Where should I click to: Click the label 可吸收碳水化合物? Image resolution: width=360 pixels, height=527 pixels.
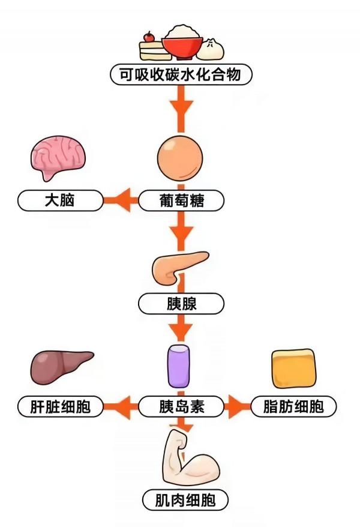pyautogui.click(x=180, y=75)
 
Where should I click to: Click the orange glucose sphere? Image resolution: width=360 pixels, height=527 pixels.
pyautogui.click(x=180, y=159)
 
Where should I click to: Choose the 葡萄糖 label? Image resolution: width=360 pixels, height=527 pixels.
pyautogui.click(x=181, y=200)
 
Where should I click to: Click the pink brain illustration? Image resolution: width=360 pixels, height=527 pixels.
pyautogui.click(x=58, y=155)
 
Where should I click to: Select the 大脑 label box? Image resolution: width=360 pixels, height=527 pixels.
pyautogui.click(x=59, y=200)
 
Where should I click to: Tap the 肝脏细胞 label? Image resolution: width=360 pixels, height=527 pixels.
pyautogui.click(x=59, y=407)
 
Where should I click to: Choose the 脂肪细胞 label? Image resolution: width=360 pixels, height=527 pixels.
pyautogui.click(x=293, y=407)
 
